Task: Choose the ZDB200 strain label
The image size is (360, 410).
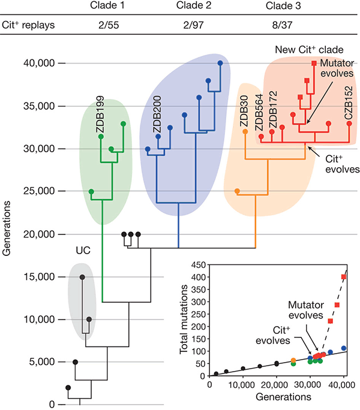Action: pos(158,115)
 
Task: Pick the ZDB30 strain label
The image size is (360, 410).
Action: pos(245,110)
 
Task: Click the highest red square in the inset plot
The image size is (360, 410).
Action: pos(344,277)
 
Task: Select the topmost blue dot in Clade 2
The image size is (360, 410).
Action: pos(220,63)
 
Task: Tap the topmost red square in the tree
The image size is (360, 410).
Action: pos(314,63)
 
